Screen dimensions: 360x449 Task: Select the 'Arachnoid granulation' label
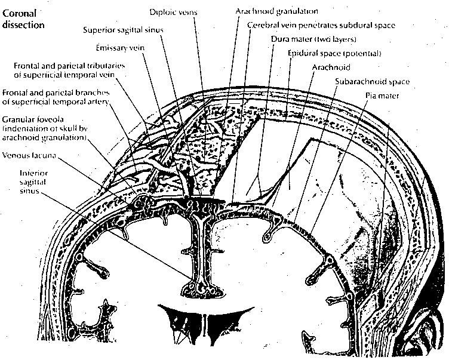point(276,11)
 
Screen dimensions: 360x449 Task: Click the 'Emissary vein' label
point(119,48)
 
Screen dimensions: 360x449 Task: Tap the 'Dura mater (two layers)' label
point(313,40)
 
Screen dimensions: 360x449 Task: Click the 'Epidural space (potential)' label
point(334,54)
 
